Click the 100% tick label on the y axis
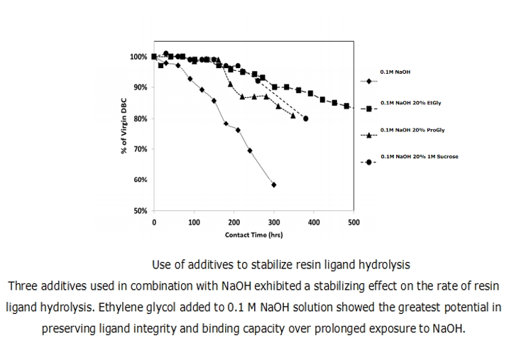tap(138, 57)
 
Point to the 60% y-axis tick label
tap(140, 180)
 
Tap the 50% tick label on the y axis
tap(140, 212)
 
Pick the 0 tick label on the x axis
tap(155, 222)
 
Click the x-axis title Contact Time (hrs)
tap(253, 234)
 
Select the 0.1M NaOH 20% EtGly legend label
tap(411, 103)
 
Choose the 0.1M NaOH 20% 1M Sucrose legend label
tap(420, 156)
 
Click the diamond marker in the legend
tap(370, 81)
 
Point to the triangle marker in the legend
tap(370, 135)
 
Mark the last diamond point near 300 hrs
tap(274, 185)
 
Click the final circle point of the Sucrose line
tap(305, 119)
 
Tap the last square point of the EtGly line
tap(346, 106)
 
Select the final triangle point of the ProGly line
tap(293, 115)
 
